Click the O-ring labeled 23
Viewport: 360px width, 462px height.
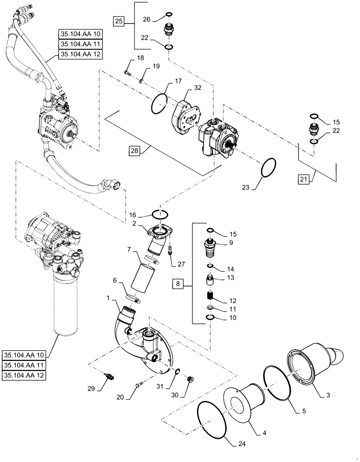point(269,168)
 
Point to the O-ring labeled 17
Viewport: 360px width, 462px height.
point(159,103)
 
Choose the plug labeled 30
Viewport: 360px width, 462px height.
point(189,380)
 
